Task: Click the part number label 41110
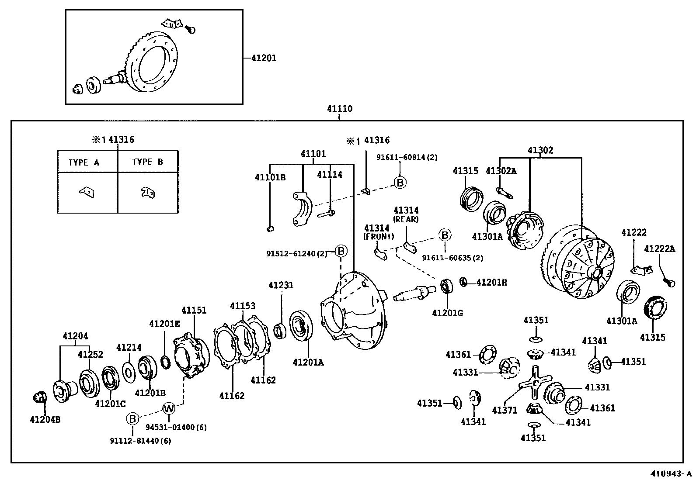pos(340,109)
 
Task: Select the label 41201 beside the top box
pos(264,58)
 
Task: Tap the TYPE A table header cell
pos(84,162)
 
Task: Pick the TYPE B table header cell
pos(148,162)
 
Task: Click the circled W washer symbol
pos(169,408)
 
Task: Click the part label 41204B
pos(45,420)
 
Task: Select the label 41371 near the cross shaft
pos(505,410)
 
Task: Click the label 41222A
pos(659,249)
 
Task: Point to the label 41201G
pos(447,313)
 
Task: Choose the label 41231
pos(281,285)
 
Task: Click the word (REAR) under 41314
pos(406,219)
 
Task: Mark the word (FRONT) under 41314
pos(379,237)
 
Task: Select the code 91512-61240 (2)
pos(297,253)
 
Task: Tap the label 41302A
pos(501,171)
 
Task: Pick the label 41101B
pos(270,177)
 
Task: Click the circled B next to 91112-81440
pos(132,419)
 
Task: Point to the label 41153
pos(243,306)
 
